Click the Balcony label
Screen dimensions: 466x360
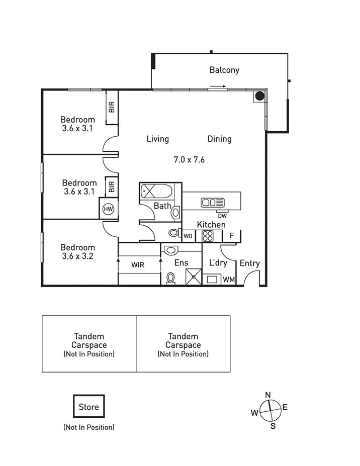224,70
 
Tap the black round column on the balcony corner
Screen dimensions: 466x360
259,96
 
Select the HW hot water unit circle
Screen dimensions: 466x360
108,209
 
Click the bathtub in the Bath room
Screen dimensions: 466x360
156,191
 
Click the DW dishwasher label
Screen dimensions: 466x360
222,216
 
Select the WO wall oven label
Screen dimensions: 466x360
188,235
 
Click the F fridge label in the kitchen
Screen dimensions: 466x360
232,235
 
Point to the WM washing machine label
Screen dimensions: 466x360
228,279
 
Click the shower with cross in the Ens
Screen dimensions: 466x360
193,277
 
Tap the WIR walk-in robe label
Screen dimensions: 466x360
138,264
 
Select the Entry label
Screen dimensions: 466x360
249,263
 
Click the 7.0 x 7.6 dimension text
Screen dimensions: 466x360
189,160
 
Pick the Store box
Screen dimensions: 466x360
88,407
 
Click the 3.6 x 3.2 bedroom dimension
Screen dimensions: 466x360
77,256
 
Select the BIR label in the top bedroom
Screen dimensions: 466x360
112,107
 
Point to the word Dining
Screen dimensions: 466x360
219,139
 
